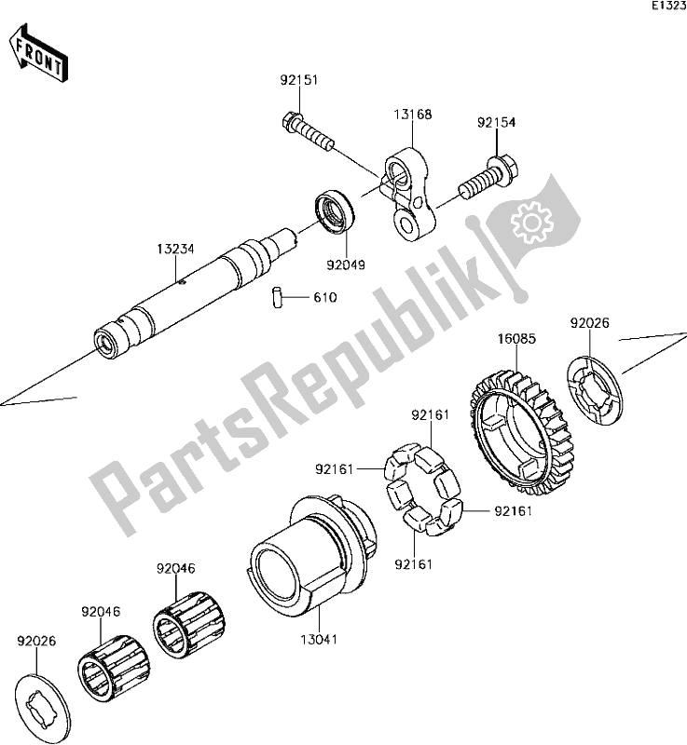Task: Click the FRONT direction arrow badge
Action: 38,53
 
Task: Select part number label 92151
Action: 298,80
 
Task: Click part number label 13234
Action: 175,250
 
